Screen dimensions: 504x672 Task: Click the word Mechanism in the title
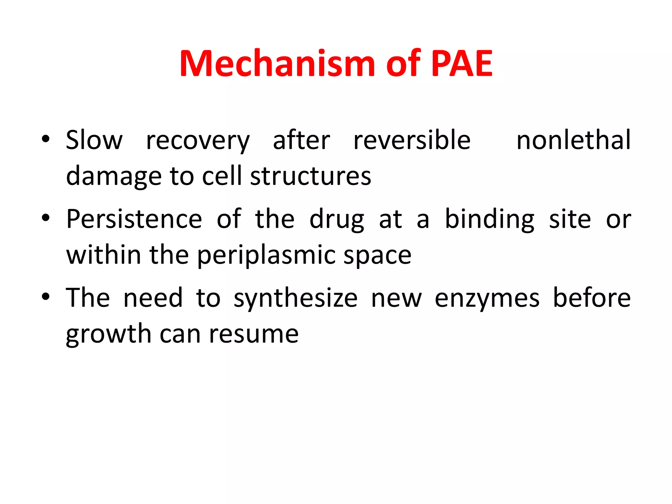277,64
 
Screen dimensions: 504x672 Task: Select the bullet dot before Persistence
46,218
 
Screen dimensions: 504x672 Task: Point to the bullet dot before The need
46,296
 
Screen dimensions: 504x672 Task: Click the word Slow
94,140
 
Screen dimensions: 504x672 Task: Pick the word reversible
412,140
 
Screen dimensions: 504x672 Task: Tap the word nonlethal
573,140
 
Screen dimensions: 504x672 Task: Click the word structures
310,176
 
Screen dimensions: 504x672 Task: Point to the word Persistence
134,219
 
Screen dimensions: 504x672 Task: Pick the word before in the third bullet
592,297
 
